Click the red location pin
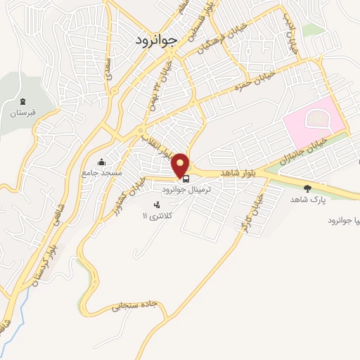(181, 165)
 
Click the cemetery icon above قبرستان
(22, 103)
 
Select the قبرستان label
(22, 113)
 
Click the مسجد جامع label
(102, 172)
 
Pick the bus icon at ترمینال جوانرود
(186, 179)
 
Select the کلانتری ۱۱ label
(153, 215)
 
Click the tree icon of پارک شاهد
(307, 188)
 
